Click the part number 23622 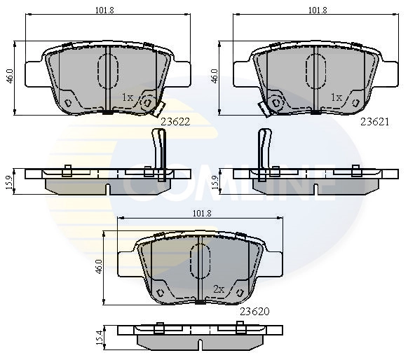pyautogui.click(x=175, y=120)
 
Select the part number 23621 pyautogui.click(x=374, y=120)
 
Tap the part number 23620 pyautogui.click(x=255, y=310)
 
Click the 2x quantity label pyautogui.click(x=218, y=289)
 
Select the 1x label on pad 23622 pyautogui.click(x=127, y=97)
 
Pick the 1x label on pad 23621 pyautogui.click(x=336, y=97)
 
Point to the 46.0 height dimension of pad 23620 pyautogui.click(x=99, y=266)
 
